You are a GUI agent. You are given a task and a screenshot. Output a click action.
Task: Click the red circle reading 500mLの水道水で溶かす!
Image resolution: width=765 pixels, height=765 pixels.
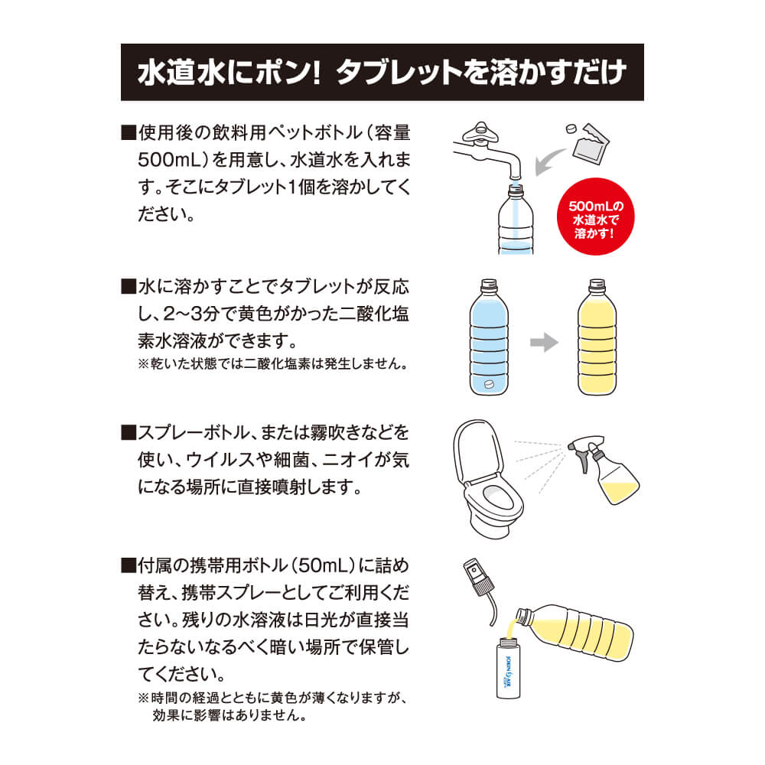595,216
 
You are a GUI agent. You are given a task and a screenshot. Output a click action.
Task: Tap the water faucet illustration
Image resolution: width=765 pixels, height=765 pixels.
488,149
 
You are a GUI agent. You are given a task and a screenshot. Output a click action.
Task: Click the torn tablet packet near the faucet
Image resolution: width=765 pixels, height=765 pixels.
591,145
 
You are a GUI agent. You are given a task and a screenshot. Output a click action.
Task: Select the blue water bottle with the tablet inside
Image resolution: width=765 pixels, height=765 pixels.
489,337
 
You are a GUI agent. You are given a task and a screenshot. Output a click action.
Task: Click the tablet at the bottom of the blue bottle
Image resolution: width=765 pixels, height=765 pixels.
488,384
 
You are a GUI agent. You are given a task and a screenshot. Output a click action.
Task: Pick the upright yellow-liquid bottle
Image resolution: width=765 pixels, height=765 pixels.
597,337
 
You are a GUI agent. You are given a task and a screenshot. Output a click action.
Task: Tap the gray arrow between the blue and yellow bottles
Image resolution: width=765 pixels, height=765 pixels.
544,342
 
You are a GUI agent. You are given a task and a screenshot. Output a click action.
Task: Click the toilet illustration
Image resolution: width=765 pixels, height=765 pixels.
488,479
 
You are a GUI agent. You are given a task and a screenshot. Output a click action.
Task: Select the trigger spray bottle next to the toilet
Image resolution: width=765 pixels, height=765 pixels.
605,470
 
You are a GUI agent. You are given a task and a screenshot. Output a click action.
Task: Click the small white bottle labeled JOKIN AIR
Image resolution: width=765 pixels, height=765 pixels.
508,669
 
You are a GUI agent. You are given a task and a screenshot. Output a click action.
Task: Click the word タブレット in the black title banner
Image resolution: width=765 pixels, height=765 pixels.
399,72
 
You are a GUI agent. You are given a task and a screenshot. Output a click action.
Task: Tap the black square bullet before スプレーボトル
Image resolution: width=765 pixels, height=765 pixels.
129,433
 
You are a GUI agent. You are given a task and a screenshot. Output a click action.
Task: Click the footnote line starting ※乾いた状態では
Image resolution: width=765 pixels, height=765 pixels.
274,363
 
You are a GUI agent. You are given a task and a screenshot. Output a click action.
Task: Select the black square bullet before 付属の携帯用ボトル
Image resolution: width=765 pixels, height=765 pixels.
129,565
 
